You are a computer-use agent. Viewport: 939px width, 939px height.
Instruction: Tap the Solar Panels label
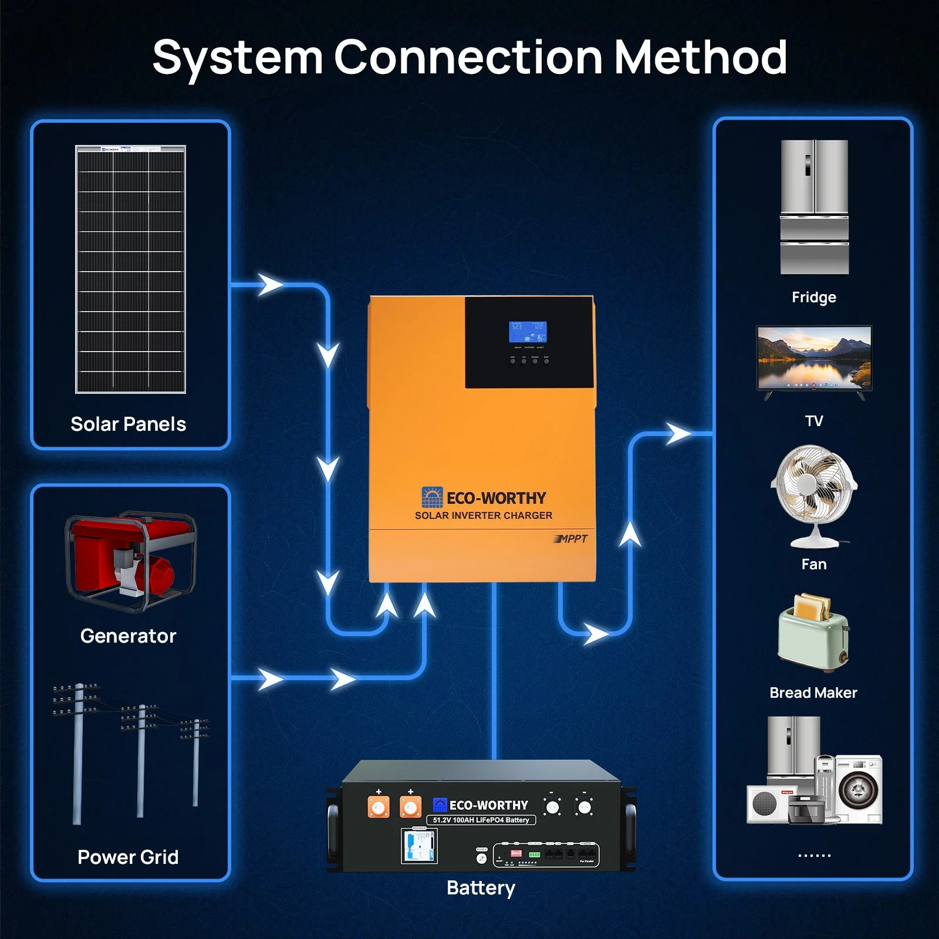[x=128, y=424]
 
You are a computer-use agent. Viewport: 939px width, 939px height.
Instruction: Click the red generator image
[x=130, y=561]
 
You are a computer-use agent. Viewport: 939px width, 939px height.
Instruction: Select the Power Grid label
[x=128, y=857]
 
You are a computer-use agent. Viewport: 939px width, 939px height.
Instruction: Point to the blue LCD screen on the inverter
[x=527, y=332]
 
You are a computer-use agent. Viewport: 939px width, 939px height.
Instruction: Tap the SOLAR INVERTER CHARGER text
[x=483, y=515]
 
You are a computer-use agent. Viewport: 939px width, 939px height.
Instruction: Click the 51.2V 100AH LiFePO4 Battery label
[x=481, y=820]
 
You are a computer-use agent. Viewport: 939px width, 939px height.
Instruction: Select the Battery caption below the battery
[x=481, y=887]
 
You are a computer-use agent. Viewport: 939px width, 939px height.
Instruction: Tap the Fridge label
[x=813, y=297]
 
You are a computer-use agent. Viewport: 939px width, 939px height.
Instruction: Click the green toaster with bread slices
[x=813, y=634]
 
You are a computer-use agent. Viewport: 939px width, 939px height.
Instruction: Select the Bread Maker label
[x=813, y=693]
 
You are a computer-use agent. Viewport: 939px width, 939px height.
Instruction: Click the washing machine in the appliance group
[x=858, y=789]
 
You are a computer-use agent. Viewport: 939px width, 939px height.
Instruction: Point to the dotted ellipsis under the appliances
[x=814, y=856]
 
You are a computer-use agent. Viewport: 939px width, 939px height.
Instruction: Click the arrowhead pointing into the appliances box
[x=680, y=434]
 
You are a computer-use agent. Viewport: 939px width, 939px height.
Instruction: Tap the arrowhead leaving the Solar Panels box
[x=271, y=285]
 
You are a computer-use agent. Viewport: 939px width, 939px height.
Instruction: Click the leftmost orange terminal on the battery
[x=379, y=808]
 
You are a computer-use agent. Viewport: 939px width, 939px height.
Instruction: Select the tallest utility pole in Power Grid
[x=77, y=754]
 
